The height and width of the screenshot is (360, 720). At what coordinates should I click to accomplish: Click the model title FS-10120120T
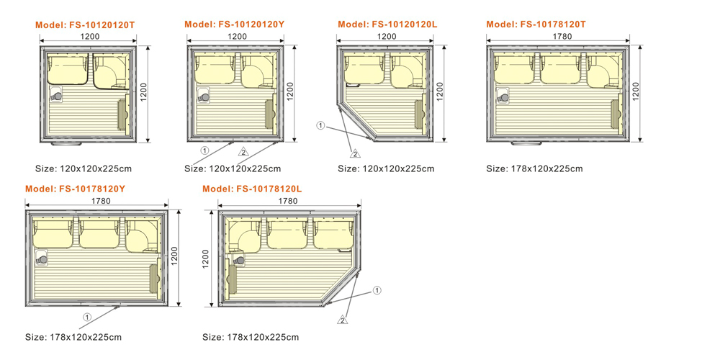pyautogui.click(x=86, y=25)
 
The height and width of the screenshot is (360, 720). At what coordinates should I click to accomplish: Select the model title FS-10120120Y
pyautogui.click(x=234, y=24)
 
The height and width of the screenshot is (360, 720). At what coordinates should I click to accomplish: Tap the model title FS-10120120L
pyautogui.click(x=387, y=24)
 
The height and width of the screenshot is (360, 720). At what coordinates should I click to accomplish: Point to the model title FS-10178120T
pyautogui.click(x=536, y=24)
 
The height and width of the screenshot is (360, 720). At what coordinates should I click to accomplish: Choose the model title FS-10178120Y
pyautogui.click(x=76, y=189)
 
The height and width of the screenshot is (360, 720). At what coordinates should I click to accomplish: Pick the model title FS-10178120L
pyautogui.click(x=252, y=189)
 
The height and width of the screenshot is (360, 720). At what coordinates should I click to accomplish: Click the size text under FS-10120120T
pyautogui.click(x=84, y=168)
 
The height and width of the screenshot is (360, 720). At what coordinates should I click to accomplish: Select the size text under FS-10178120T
pyautogui.click(x=534, y=168)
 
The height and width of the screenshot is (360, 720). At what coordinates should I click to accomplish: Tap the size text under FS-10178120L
pyautogui.click(x=251, y=338)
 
